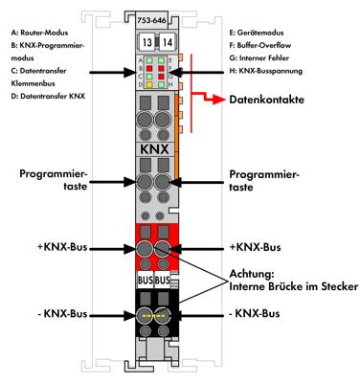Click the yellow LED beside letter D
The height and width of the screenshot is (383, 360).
pos(147,84)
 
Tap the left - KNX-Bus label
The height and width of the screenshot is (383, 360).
pos(60,314)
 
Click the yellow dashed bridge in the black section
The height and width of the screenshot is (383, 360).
pos(156,314)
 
